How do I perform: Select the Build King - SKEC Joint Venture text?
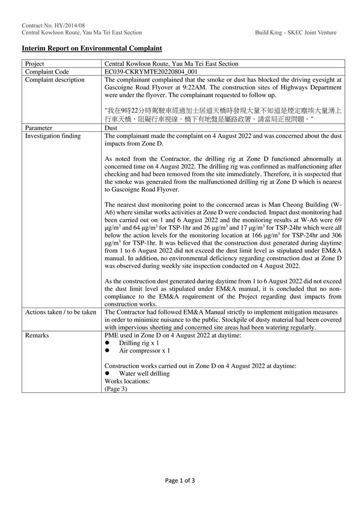296,33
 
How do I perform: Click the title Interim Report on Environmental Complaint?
91,48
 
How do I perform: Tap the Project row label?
35,64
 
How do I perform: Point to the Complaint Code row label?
47,71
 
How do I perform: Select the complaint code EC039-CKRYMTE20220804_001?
151,71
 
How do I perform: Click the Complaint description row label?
55,79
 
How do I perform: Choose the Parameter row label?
39,128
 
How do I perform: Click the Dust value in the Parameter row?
111,128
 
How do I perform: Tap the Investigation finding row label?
53,136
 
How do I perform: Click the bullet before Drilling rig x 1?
107,343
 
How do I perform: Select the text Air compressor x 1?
145,350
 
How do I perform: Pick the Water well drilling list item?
144,373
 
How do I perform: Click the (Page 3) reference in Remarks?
116,389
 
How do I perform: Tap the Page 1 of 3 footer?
180,481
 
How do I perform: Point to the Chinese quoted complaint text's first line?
223,110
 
